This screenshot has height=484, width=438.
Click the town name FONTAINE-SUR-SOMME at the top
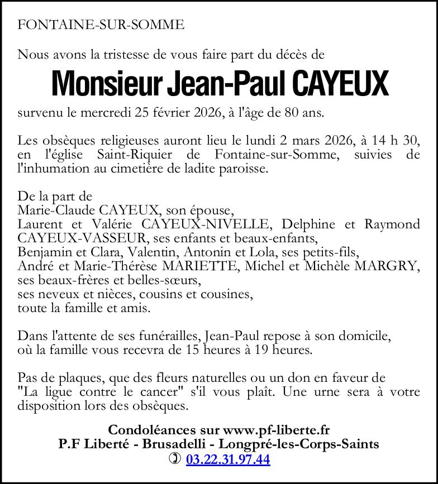[x=101, y=25]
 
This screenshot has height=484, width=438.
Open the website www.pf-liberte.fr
[x=276, y=430]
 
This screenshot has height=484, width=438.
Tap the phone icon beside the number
[x=175, y=459]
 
